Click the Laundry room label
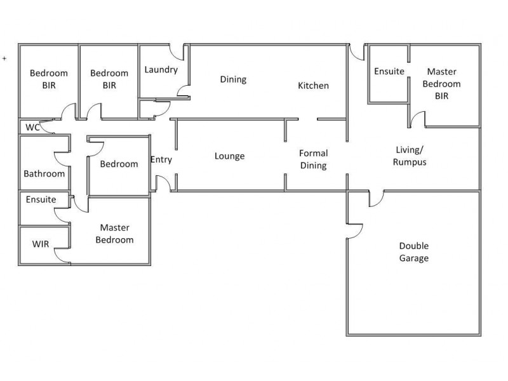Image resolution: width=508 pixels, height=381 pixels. tap(161, 70)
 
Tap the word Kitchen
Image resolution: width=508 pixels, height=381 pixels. tap(313, 86)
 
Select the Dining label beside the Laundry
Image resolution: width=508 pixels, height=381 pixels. tap(233, 79)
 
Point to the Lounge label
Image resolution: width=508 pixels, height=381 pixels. tap(229, 156)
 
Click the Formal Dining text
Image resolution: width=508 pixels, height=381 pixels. tap(313, 159)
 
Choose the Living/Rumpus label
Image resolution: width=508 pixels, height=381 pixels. tap(410, 156)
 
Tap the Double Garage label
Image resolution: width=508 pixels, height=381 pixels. tap(414, 251)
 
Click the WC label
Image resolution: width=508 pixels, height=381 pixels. tap(32, 128)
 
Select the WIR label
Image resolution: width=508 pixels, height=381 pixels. tap(41, 244)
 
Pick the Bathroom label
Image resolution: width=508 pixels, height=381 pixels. tap(44, 173)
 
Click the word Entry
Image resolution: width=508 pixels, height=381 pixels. tap(161, 160)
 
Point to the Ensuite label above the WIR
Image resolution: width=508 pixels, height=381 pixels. tap(41, 199)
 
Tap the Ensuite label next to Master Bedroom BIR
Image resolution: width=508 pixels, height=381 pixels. tap(389, 71)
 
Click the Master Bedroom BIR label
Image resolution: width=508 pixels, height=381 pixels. tap(441, 84)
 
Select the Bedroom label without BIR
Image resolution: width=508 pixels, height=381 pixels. tap(119, 164)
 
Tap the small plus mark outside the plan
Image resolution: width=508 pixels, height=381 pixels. tap(4, 58)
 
